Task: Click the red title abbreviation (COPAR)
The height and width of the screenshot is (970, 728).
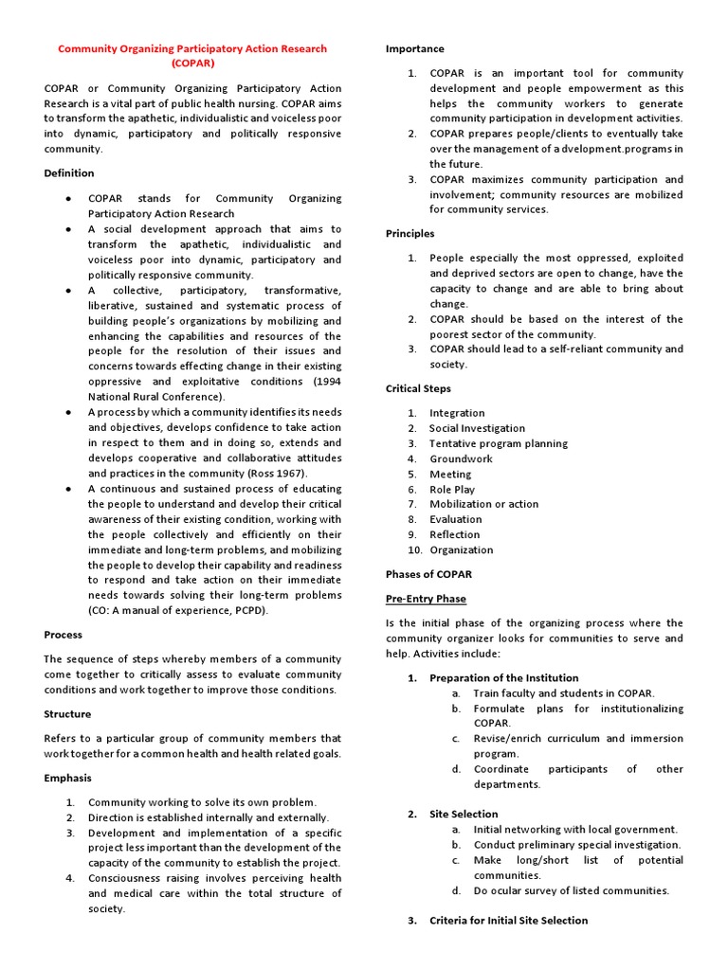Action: point(192,63)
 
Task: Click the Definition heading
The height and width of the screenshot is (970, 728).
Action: point(69,173)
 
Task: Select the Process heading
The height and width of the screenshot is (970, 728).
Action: point(64,635)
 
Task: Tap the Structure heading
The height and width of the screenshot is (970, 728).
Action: point(68,713)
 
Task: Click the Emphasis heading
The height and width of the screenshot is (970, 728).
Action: point(68,778)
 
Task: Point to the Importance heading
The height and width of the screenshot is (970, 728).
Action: point(414,48)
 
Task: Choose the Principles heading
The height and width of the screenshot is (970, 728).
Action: point(410,233)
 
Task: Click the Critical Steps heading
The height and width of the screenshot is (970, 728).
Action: point(418,388)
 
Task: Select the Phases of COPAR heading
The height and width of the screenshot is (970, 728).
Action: point(428,574)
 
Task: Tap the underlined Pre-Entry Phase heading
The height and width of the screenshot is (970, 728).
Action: point(426,599)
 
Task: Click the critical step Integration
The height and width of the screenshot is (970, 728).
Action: point(457,413)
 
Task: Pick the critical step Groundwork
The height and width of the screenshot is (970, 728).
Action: point(461,458)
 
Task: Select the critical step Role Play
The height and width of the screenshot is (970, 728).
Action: point(452,490)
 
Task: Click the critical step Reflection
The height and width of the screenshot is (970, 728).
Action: point(455,534)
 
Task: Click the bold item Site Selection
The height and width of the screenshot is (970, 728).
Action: point(464,814)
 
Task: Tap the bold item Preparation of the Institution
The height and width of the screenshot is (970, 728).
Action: point(503,678)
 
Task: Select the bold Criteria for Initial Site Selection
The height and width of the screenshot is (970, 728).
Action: point(508,920)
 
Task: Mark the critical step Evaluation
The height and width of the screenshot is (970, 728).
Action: point(456,519)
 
